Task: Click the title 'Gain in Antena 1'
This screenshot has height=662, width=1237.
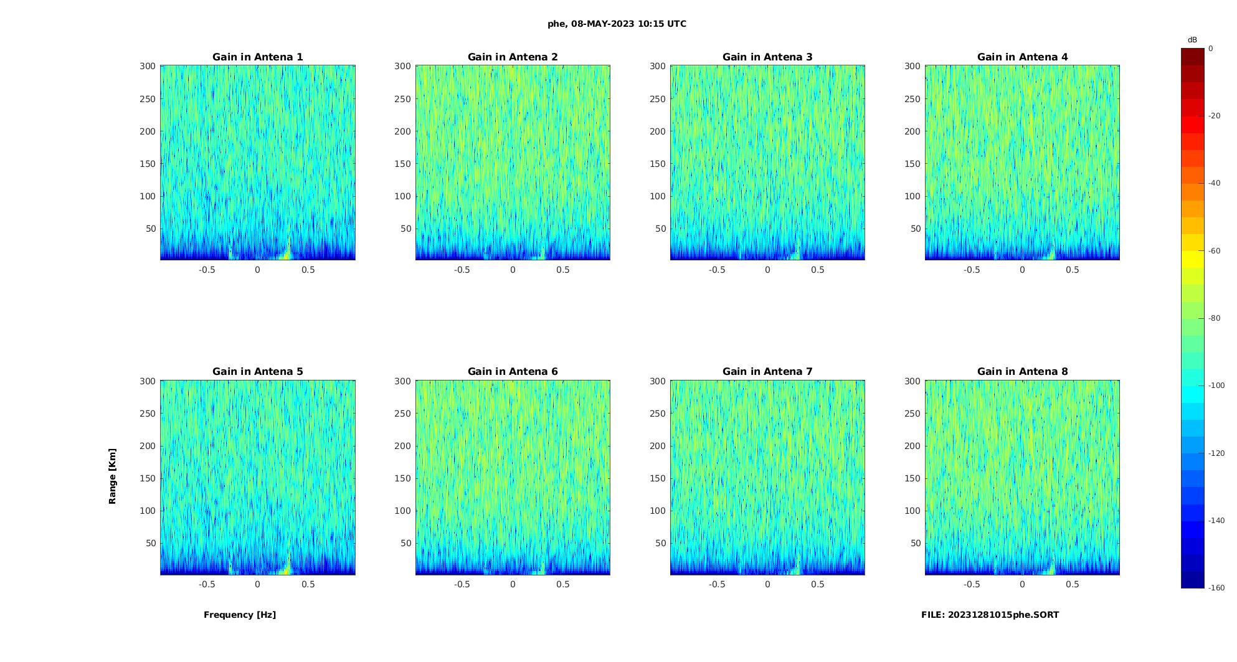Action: (x=257, y=57)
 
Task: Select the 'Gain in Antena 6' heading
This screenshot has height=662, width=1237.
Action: (x=513, y=372)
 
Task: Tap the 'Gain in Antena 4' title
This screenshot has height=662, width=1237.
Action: (x=1022, y=57)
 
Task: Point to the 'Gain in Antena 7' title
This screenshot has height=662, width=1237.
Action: (x=767, y=372)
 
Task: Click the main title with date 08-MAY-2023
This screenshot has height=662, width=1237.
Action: (x=617, y=24)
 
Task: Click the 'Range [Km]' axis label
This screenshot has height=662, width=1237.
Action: (x=113, y=476)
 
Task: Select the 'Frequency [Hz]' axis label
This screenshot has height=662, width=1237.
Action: (x=240, y=615)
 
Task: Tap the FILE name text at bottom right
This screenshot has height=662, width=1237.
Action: (x=990, y=615)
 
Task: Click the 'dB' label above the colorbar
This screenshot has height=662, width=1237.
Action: (x=1192, y=40)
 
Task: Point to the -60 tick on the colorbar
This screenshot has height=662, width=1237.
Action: (x=1215, y=251)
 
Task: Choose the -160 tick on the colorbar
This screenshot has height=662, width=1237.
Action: (x=1216, y=588)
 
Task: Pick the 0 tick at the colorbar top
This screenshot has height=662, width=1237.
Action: (x=1211, y=49)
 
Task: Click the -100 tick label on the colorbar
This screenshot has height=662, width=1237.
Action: (x=1216, y=385)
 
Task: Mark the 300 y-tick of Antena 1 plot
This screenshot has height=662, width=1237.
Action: (x=148, y=66)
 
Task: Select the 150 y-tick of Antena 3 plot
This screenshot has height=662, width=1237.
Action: (x=658, y=164)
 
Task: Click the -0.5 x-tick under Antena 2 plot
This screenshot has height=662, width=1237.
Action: (x=462, y=270)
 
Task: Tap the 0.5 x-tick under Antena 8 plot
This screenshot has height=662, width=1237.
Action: (x=1073, y=584)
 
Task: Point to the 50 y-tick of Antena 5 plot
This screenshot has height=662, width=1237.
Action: (x=151, y=543)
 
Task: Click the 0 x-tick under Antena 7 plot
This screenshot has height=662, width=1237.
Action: (x=767, y=584)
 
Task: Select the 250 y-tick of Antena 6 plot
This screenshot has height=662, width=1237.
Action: (x=403, y=414)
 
